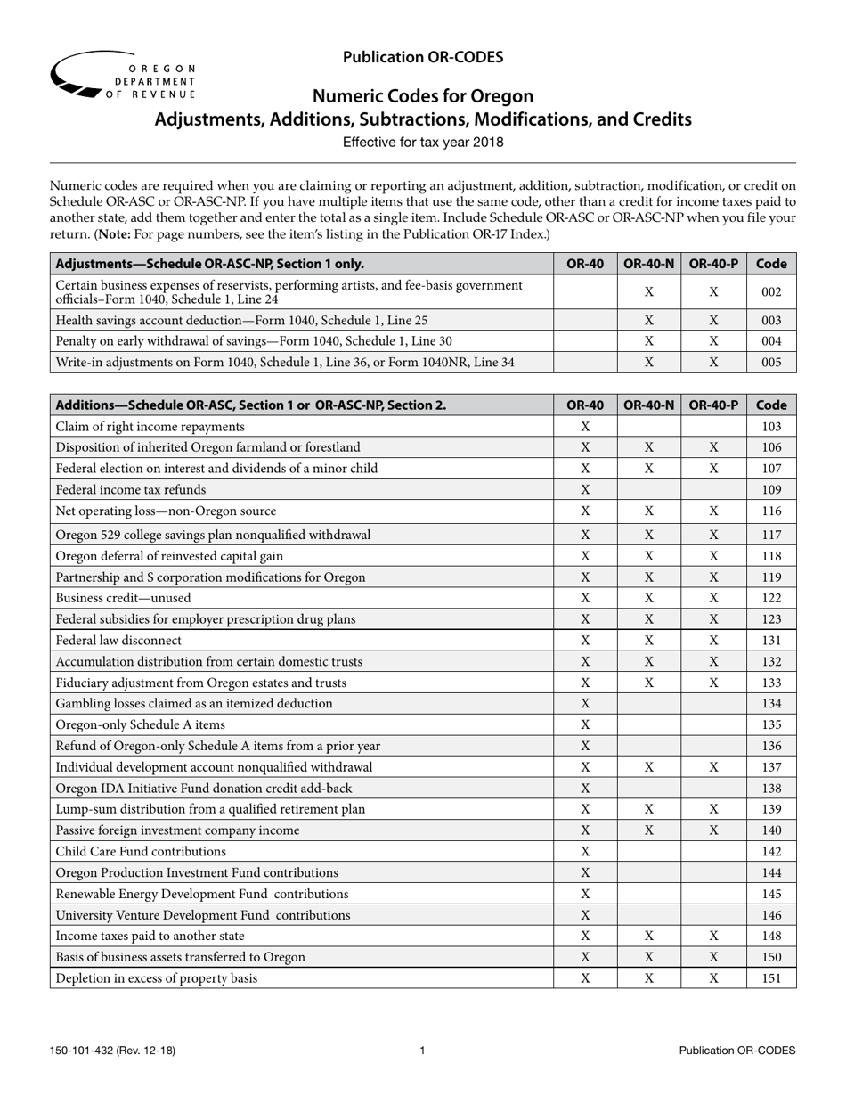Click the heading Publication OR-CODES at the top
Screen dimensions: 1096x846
[423, 57]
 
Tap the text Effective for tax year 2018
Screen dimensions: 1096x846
[423, 142]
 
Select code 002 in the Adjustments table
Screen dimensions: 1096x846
[771, 291]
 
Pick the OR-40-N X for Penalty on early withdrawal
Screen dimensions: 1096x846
[648, 340]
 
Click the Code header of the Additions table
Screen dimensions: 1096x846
[771, 405]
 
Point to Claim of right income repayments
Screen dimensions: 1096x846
[150, 426]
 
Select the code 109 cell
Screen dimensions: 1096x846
[771, 489]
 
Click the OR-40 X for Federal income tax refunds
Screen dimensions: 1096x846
[585, 489]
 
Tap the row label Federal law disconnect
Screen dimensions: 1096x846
[118, 640]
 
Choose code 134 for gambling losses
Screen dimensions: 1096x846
[771, 703]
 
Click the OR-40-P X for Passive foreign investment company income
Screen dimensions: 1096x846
[713, 830]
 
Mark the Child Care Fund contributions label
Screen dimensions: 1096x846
[141, 851]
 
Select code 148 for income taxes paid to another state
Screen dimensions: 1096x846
[771, 936]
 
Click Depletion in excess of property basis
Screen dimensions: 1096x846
[157, 977]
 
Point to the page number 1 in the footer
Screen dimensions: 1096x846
[422, 1051]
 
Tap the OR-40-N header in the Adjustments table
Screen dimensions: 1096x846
[648, 263]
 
